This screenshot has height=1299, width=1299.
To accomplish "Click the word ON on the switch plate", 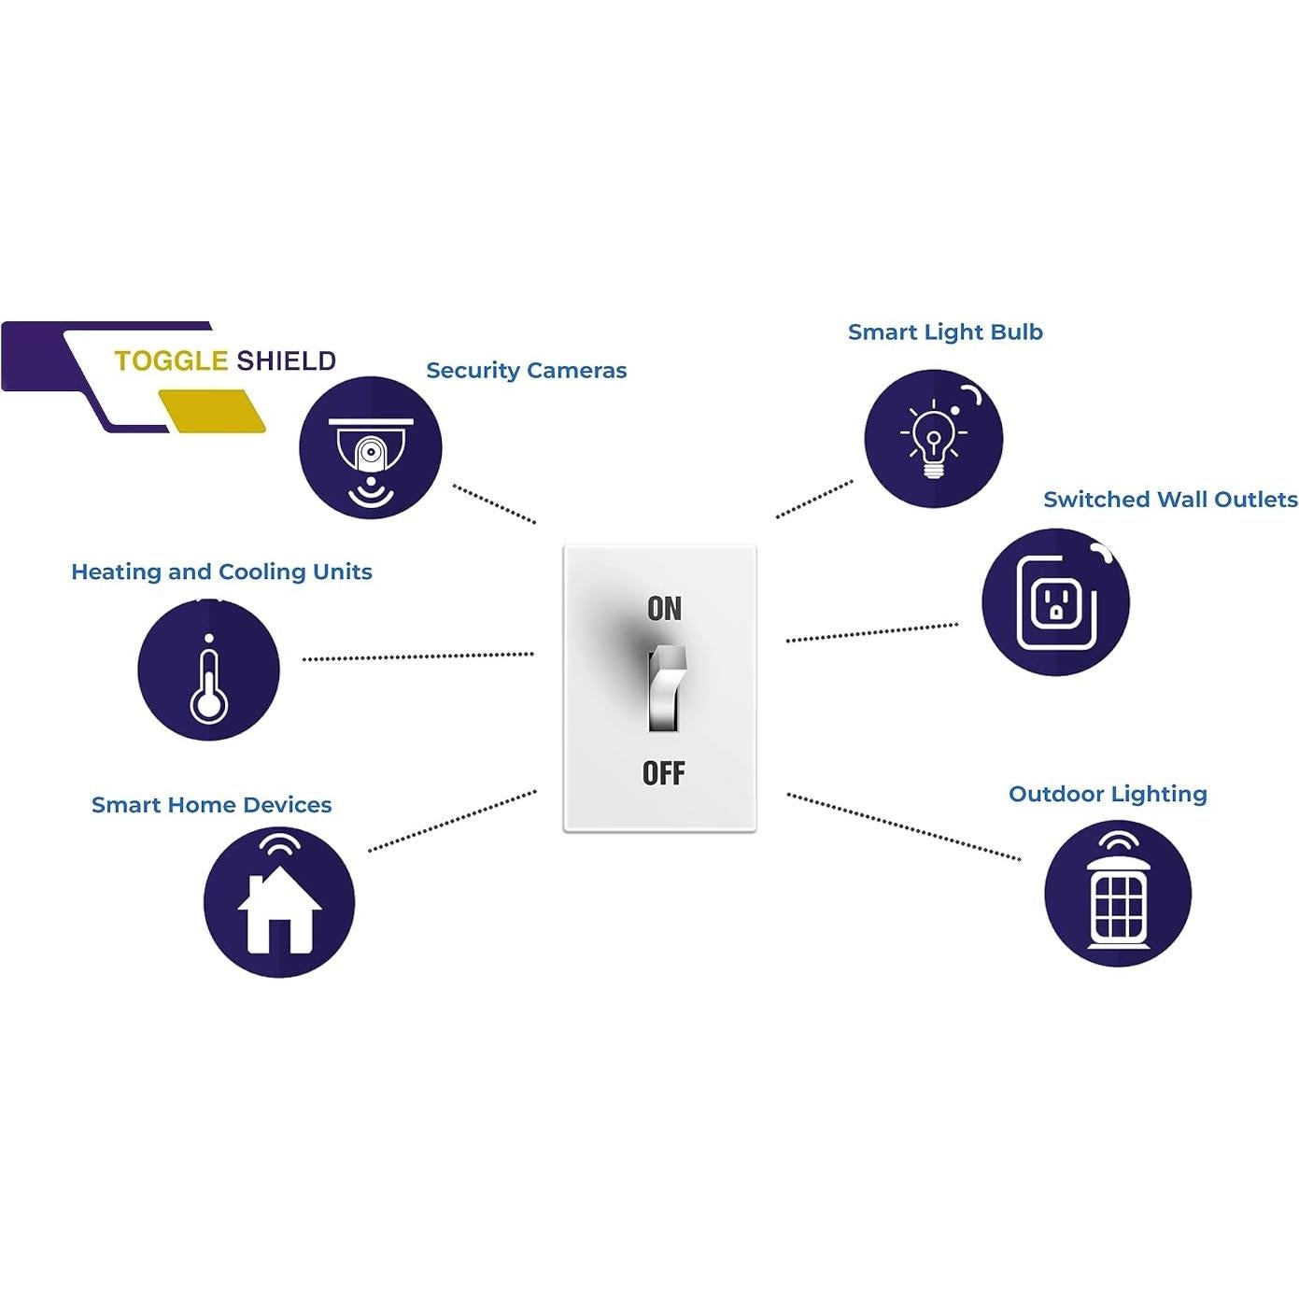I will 664,609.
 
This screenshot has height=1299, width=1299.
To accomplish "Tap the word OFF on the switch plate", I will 663,773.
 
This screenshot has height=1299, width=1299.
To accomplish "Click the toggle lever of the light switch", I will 667,687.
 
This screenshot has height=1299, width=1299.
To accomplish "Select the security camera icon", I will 370,448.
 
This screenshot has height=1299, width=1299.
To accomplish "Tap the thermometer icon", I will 208,671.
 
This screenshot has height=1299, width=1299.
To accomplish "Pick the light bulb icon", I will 933,439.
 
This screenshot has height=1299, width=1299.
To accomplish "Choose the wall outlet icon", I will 1055,602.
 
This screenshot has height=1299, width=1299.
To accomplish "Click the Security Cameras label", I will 526,371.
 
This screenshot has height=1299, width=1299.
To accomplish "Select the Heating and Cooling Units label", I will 221,572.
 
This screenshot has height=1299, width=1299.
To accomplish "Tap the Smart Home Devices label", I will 211,805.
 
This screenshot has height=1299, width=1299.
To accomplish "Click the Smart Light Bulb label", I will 945,332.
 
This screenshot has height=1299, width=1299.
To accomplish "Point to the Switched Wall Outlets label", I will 1170,500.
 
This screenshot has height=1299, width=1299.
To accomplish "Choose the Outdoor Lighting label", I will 1108,795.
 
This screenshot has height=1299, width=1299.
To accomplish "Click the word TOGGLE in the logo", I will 171,361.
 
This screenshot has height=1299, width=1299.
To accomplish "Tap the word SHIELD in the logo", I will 286,361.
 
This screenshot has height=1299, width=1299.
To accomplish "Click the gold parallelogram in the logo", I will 212,411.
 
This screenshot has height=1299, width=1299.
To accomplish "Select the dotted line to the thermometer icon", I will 417,657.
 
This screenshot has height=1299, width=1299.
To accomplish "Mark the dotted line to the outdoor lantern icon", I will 903,826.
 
